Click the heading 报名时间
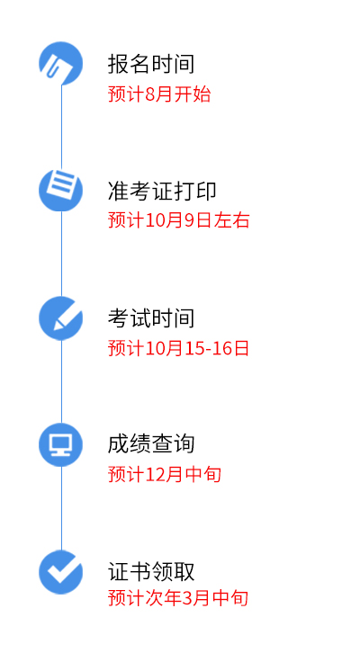point(151,64)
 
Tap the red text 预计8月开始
point(159,94)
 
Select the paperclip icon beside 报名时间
point(61,63)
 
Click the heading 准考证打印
point(162,192)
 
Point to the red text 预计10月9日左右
point(179,219)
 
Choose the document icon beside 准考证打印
point(61,190)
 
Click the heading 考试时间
point(151,318)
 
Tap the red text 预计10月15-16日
point(178,348)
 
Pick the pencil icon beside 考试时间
point(61,318)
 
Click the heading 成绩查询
point(151,444)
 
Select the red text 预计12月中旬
point(164,474)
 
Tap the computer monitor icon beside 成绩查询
point(61,444)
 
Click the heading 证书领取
point(151,571)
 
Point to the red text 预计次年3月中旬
point(178,598)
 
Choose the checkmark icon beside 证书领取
point(61,572)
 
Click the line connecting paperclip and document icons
point(62,127)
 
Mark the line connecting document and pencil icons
point(62,254)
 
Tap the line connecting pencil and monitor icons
point(62,381)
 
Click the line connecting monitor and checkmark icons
point(62,508)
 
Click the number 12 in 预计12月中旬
point(155,475)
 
